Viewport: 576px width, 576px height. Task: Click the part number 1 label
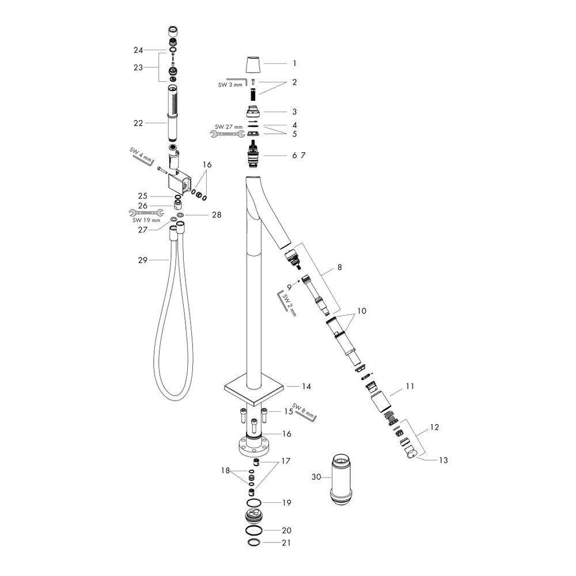(294, 63)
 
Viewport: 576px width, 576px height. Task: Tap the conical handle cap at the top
(253, 65)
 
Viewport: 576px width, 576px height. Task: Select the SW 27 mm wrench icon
(228, 134)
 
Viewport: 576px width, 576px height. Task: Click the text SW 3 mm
(230, 85)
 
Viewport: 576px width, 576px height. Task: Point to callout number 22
(138, 123)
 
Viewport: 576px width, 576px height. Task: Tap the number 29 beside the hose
(142, 260)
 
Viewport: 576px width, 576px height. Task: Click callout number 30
(316, 477)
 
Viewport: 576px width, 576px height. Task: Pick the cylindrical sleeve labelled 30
(342, 480)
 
